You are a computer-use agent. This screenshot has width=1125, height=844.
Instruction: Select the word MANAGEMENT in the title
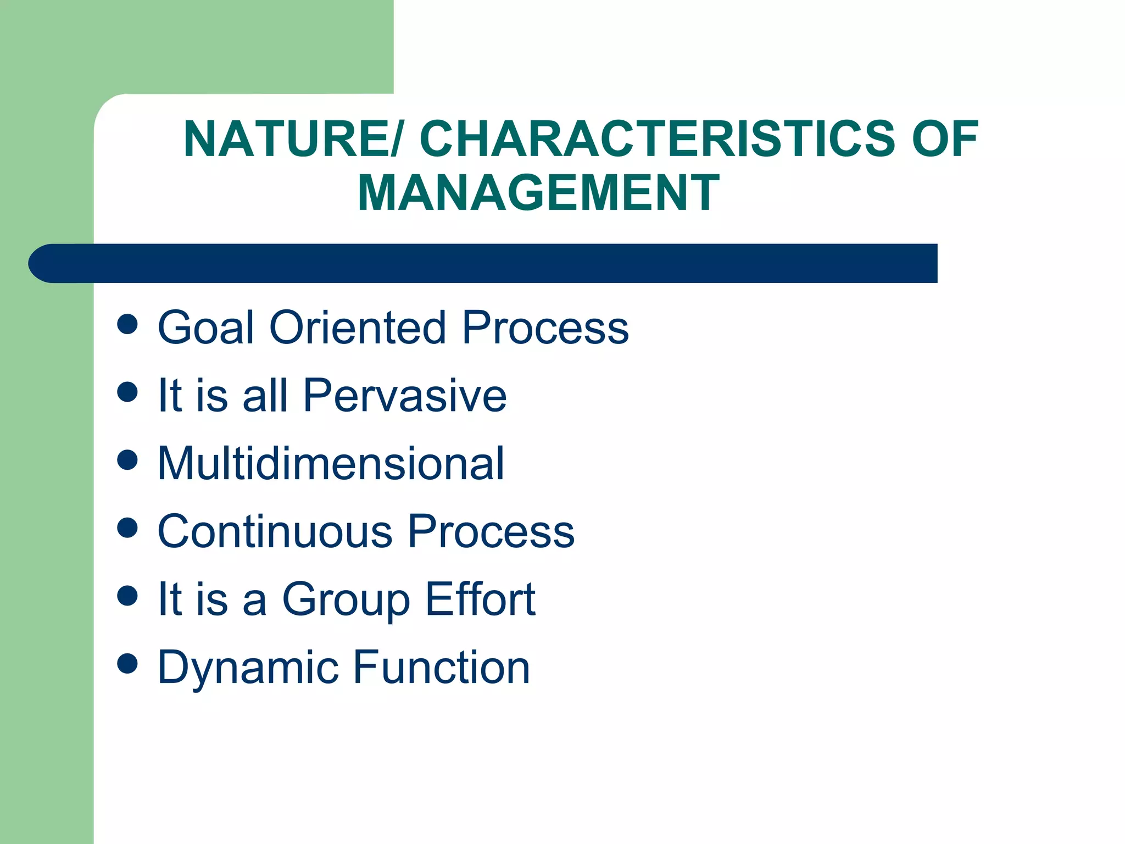[x=538, y=192]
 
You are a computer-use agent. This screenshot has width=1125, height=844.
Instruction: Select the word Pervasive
[x=405, y=395]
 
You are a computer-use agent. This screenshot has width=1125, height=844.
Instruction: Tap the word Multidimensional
[x=331, y=463]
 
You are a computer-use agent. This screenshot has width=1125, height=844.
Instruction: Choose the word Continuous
[x=275, y=531]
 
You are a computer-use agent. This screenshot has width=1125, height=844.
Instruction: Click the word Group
[x=346, y=600]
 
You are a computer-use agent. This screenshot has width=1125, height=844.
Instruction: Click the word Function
[x=441, y=667]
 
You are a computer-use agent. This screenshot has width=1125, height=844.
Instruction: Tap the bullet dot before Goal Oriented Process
[x=127, y=324]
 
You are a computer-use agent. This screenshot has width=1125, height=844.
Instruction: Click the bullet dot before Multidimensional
[x=127, y=460]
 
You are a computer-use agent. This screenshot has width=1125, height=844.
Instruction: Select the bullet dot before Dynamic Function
[x=127, y=663]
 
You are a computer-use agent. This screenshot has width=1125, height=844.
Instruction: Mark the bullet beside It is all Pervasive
[x=127, y=392]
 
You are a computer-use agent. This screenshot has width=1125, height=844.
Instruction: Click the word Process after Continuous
[x=491, y=531]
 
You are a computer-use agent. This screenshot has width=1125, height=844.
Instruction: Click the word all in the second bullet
[x=265, y=395]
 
